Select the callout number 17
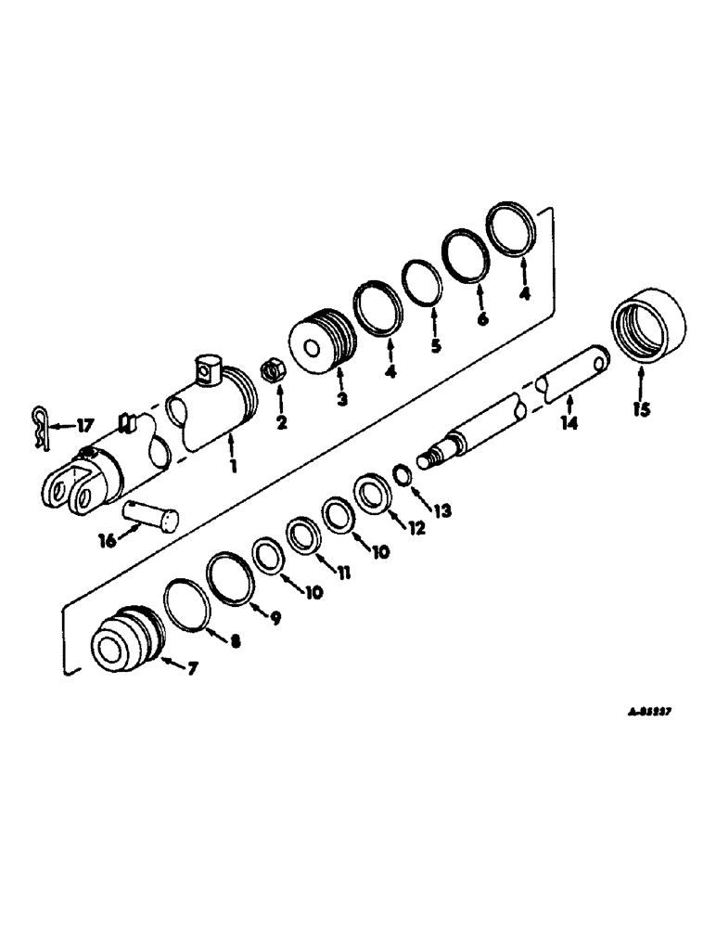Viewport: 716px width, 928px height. (84, 426)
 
